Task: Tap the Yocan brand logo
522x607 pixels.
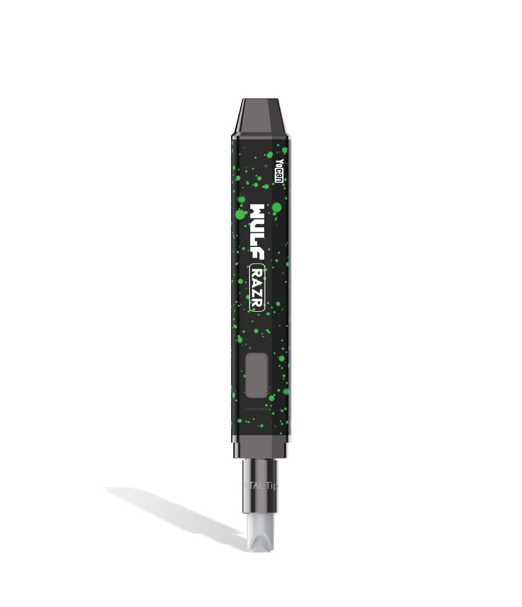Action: (279, 171)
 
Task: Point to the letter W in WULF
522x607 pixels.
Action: (257, 211)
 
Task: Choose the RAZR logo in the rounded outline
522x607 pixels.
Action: (257, 288)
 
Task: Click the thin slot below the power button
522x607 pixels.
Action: (257, 408)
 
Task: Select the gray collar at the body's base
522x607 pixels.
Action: (260, 448)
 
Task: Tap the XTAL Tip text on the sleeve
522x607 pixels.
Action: (260, 485)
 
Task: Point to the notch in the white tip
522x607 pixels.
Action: (260, 545)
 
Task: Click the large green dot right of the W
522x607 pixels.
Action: (277, 207)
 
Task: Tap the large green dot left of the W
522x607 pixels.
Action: (240, 215)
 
